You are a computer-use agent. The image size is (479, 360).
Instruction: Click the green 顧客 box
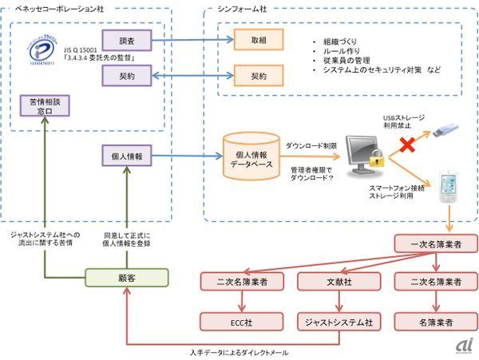pos(127,277)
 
